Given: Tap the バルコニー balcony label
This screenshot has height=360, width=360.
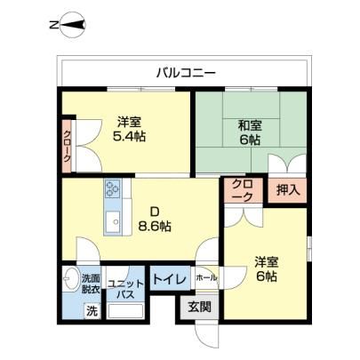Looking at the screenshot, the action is point(187,73).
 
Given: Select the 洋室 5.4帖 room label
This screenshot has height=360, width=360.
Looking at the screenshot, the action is point(129,129).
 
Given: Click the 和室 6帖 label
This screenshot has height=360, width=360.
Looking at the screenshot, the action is point(251,132).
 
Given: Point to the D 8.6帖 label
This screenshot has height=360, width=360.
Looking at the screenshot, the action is point(155,220).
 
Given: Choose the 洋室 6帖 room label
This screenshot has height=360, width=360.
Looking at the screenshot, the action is point(267,269).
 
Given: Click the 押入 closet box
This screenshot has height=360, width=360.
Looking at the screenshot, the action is point(287,190).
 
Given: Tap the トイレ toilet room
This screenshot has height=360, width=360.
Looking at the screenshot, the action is point(170,278).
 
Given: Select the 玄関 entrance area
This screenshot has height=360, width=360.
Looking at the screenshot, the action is point(200,307).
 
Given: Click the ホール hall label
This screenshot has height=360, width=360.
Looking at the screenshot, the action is point(206,278).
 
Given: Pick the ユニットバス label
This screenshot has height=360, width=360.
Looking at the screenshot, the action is point(125,289).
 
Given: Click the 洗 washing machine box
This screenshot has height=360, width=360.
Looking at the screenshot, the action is point(92,311).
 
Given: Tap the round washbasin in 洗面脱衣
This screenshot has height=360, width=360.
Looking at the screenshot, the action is point(70,278).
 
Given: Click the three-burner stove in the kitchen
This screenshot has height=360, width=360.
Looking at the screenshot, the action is point(112,188).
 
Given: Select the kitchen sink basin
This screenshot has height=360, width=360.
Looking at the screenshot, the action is point(113,221).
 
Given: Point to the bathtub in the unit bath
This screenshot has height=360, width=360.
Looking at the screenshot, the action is point(125,310).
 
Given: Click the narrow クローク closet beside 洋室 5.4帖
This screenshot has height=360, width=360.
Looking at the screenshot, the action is point(67,146).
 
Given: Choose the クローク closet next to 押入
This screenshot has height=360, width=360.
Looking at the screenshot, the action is point(243,190).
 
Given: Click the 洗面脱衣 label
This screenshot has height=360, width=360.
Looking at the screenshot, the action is point(91,284).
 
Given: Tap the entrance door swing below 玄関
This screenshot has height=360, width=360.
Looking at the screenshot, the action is point(207,335).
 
